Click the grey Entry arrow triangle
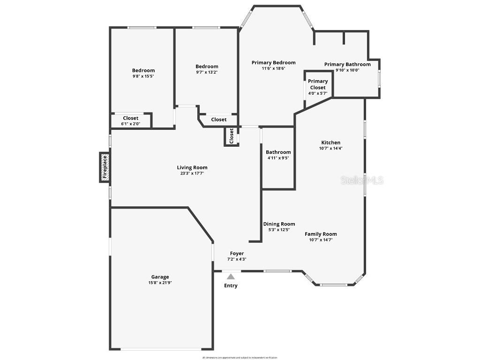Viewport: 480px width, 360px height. (231, 277)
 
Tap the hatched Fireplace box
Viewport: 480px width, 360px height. (105, 167)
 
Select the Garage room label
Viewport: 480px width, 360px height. (160, 277)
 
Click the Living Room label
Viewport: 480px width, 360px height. (192, 167)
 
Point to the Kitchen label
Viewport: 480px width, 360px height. (330, 142)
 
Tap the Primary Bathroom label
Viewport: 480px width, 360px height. (347, 65)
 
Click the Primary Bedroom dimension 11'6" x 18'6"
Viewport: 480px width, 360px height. (273, 68)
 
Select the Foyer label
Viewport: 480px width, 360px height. (237, 254)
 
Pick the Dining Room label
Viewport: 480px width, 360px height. (279, 224)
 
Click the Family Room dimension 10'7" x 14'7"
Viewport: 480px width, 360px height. (321, 240)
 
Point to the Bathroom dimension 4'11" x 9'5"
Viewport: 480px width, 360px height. (278, 158)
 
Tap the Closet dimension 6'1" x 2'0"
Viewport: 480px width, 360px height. (130, 124)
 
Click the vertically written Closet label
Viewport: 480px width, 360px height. (231, 136)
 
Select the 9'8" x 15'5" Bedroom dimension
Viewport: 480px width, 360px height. (143, 76)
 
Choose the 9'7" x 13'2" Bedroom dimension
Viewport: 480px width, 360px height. (207, 72)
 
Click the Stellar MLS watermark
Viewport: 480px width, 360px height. (362, 180)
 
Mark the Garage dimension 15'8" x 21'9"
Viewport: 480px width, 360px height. (160, 283)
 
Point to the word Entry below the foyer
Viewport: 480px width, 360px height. (231, 285)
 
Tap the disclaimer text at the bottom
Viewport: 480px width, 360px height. (240, 357)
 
